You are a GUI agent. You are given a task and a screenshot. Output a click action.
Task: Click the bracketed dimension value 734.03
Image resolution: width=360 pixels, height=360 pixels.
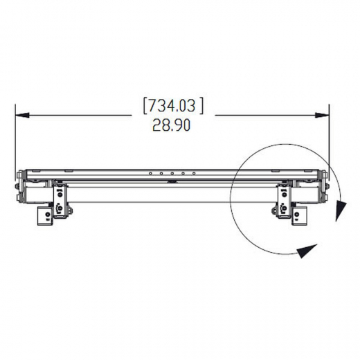(x=172, y=106)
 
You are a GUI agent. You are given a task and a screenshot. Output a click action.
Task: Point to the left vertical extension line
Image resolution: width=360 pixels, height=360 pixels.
(x=15, y=138)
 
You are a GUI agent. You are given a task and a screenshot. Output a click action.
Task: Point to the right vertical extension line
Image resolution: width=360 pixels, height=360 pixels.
(x=330, y=138)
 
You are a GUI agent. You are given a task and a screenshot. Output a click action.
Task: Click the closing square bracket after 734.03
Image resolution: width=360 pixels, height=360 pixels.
(x=201, y=106)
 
